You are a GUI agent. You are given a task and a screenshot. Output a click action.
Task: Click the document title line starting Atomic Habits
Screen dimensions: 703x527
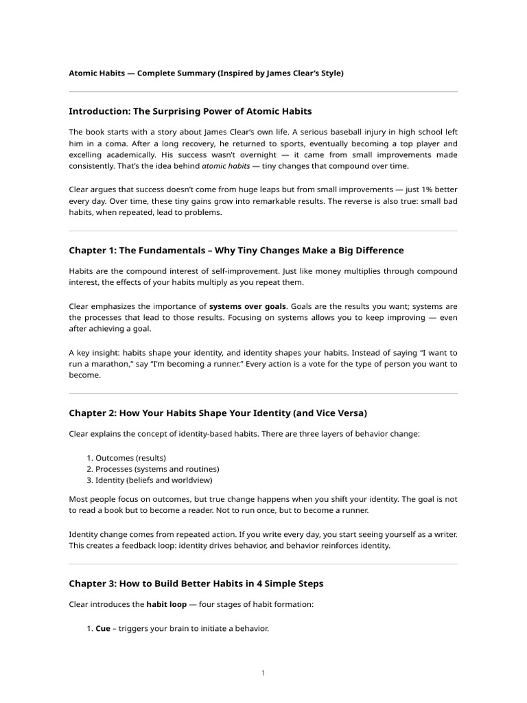206,73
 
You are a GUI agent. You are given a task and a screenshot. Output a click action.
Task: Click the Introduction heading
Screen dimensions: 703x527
190,111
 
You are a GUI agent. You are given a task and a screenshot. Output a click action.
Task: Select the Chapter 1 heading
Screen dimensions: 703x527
236,251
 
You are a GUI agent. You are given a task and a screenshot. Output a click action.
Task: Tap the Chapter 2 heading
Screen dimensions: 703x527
218,413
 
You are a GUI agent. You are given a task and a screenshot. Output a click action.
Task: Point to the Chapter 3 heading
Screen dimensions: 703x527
196,584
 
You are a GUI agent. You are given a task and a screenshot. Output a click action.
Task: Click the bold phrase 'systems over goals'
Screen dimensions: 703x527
248,306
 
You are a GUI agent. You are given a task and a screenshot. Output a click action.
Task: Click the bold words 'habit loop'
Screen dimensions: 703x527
168,606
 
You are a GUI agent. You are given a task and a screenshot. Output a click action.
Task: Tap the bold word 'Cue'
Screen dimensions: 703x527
103,629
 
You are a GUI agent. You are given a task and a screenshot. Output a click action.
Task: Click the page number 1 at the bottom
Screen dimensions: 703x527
263,673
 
